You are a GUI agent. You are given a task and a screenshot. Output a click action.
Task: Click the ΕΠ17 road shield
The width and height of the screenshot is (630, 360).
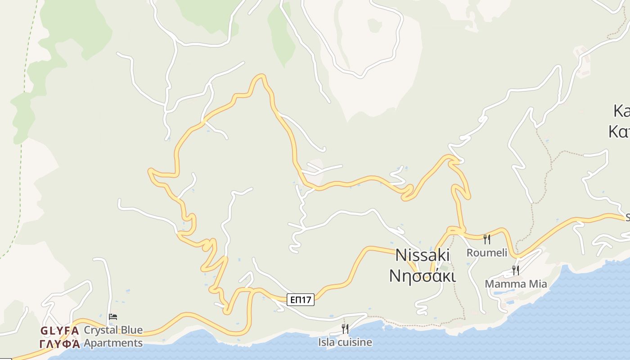pyautogui.click(x=301, y=300)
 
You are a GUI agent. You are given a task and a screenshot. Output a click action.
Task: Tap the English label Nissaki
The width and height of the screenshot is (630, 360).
pyautogui.click(x=423, y=255)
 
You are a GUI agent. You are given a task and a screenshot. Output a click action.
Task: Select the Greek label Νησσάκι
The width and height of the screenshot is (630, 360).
pyautogui.click(x=423, y=275)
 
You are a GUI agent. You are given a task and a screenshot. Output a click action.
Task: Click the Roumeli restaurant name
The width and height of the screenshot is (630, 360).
pyautogui.click(x=486, y=252)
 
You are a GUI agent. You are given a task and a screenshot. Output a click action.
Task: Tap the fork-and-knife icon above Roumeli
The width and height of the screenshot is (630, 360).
pyautogui.click(x=486, y=239)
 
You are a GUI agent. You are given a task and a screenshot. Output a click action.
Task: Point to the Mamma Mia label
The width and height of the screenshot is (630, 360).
pyautogui.click(x=516, y=284)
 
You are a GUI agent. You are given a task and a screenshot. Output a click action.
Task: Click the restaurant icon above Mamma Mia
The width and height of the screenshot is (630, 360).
pyautogui.click(x=516, y=270)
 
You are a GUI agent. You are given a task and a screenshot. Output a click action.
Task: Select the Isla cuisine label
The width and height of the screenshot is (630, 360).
pyautogui.click(x=345, y=342)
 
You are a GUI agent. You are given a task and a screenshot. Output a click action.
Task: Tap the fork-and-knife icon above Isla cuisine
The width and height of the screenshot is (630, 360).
pyautogui.click(x=345, y=329)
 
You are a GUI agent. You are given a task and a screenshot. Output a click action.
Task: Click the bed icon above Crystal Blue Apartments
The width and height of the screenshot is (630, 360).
pyautogui.click(x=113, y=317)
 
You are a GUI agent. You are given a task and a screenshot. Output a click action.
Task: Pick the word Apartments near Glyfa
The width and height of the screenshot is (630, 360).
pyautogui.click(x=113, y=343)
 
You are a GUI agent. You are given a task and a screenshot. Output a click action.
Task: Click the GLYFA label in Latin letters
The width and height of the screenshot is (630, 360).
pyautogui.click(x=60, y=331)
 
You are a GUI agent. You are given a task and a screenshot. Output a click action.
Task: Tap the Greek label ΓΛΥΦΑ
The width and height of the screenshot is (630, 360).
pyautogui.click(x=60, y=344)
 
